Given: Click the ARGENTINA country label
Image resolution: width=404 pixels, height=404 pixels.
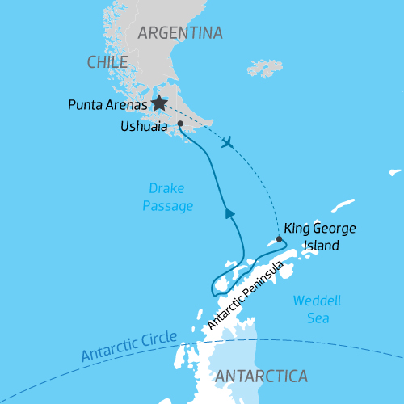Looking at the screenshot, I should click(x=179, y=33).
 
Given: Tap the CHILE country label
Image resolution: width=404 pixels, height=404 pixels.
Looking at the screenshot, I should click(x=107, y=62).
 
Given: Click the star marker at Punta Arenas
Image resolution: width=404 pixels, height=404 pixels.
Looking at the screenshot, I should click(x=159, y=103).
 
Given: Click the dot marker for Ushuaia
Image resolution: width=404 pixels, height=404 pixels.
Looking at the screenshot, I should click(x=180, y=124).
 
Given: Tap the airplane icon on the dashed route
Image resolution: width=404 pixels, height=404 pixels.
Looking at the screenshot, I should click(x=229, y=142).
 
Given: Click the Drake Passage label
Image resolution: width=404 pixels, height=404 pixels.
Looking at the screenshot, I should click(x=168, y=198).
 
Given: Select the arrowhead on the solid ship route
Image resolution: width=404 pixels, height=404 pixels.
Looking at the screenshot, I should click(x=230, y=213).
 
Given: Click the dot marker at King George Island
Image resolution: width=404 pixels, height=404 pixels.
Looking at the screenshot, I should click(x=280, y=239).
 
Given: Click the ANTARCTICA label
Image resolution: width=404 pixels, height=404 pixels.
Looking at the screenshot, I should click(x=262, y=376).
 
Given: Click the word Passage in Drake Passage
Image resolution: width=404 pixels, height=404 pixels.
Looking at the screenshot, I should click(x=168, y=207).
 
